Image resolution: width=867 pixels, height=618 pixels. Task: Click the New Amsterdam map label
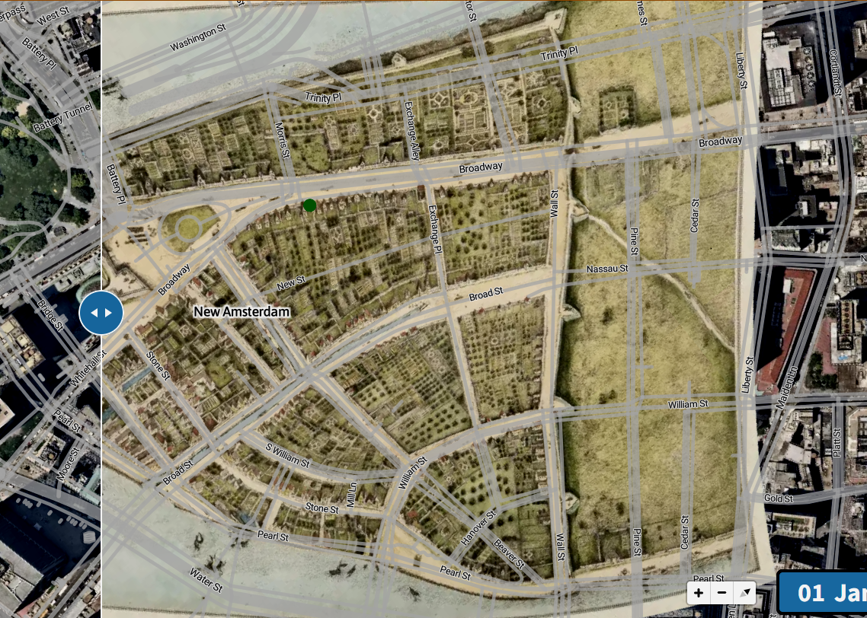click(x=242, y=311)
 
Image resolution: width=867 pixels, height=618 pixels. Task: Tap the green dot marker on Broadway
click(x=309, y=205)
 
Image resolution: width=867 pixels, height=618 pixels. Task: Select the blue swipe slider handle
click(x=101, y=313)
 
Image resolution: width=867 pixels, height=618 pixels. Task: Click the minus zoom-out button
click(x=721, y=592)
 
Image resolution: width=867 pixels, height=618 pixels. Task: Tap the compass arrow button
click(x=744, y=592)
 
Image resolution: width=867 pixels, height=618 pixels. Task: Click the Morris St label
click(x=283, y=140)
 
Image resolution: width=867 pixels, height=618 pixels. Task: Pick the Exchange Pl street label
click(x=434, y=229)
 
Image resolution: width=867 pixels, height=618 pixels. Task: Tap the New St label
click(x=290, y=282)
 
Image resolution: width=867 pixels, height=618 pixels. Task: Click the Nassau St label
click(x=607, y=269)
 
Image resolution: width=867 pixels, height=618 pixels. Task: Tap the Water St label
click(x=206, y=582)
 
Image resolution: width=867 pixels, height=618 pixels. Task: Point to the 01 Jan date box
click(x=826, y=593)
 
